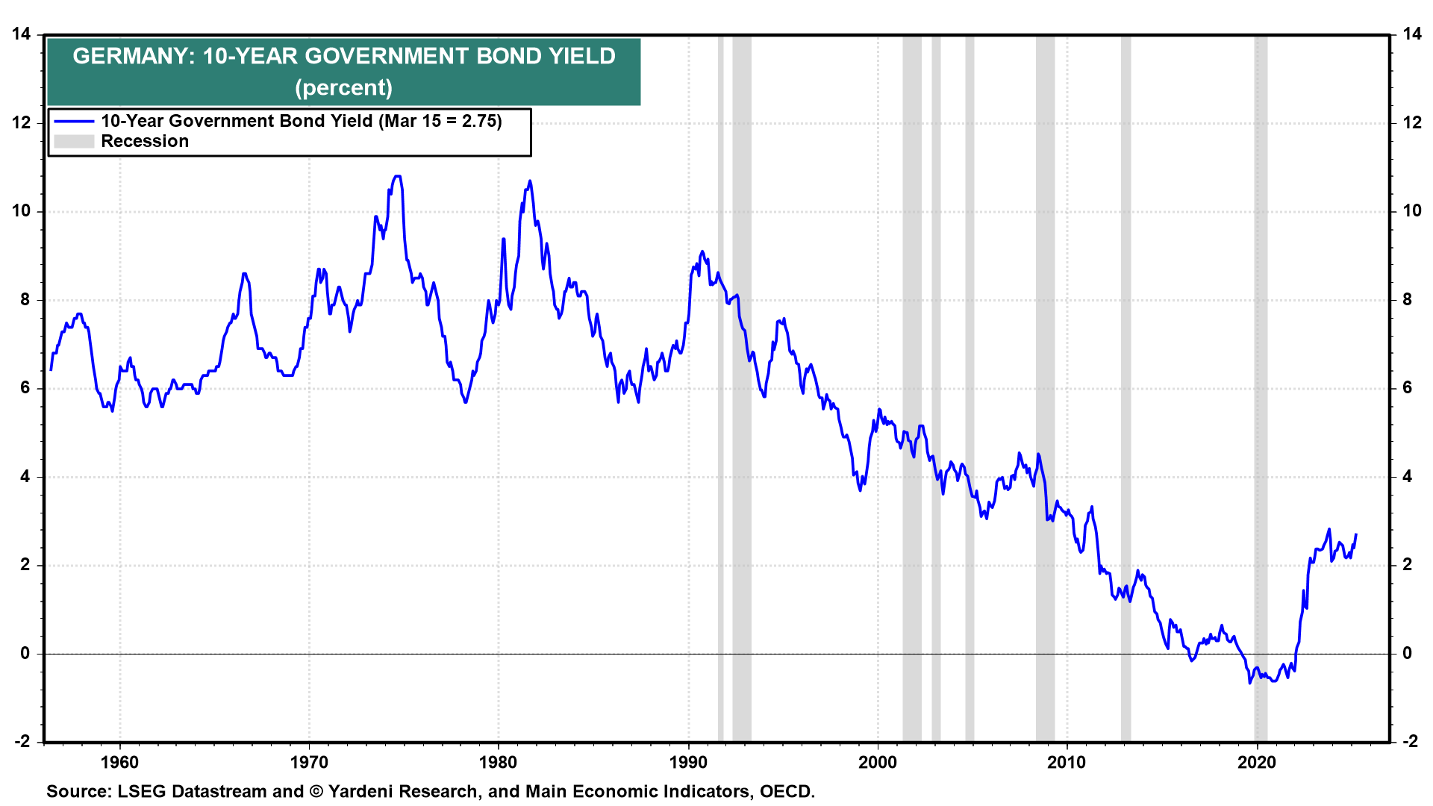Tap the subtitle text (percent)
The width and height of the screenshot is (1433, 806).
[x=343, y=87]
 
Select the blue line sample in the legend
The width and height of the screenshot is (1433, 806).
[x=74, y=122]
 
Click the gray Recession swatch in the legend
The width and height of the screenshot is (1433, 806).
[x=74, y=142]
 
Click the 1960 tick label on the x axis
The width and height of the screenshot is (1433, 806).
[x=119, y=763]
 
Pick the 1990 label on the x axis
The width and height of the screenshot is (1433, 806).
[x=688, y=763]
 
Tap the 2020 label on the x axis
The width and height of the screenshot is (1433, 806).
[x=1257, y=763]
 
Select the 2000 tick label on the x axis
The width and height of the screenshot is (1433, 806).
[x=878, y=763]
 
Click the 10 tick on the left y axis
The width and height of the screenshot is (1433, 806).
[x=22, y=211]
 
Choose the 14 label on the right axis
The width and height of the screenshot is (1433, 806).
[x=1412, y=34]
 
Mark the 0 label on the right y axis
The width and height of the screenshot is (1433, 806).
[x=1407, y=654]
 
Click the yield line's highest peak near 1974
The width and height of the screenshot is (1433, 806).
[x=397, y=176]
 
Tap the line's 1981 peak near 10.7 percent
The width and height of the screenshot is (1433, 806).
[x=530, y=181]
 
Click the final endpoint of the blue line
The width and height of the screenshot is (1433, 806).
[x=1355, y=534]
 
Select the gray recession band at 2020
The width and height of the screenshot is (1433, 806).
[x=1261, y=388]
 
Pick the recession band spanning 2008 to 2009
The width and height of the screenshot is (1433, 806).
[x=1045, y=388]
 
